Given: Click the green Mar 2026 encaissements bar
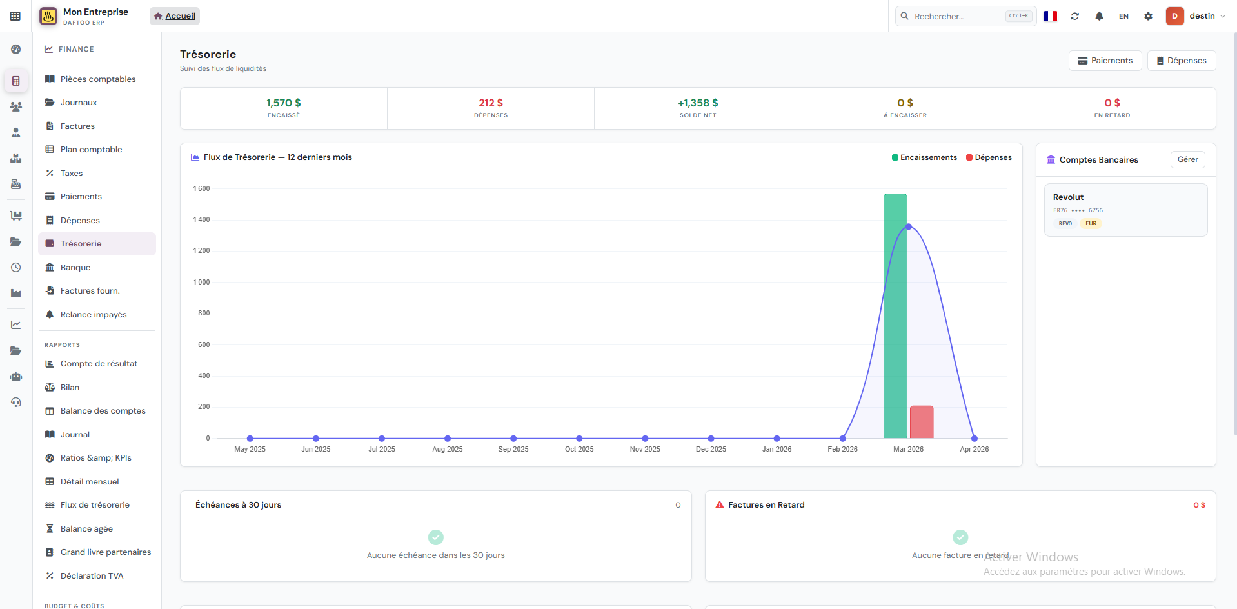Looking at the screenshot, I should pyautogui.click(x=895, y=316).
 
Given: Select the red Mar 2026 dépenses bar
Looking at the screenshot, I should pyautogui.click(x=922, y=422).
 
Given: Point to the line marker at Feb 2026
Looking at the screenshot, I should pyautogui.click(x=842, y=439).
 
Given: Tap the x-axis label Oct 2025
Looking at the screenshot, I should pyautogui.click(x=579, y=449).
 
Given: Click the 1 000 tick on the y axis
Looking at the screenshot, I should pyautogui.click(x=201, y=282).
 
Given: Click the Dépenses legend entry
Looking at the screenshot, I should pyautogui.click(x=989, y=157).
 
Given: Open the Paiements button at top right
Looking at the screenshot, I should pyautogui.click(x=1105, y=61).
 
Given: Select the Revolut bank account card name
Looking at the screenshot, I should pyautogui.click(x=1068, y=197).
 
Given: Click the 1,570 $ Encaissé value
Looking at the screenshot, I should pyautogui.click(x=283, y=103).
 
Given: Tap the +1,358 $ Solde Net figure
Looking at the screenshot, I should pyautogui.click(x=697, y=103).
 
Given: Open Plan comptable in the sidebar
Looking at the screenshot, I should pyautogui.click(x=91, y=150).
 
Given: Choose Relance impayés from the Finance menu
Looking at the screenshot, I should pyautogui.click(x=94, y=315).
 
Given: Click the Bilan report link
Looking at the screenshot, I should pyautogui.click(x=70, y=388).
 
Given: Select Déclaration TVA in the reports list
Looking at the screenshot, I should pyautogui.click(x=92, y=576).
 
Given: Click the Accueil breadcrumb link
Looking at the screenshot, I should pyautogui.click(x=180, y=16).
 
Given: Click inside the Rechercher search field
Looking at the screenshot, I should pyautogui.click(x=958, y=16).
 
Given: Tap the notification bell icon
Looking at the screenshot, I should pyautogui.click(x=1099, y=16).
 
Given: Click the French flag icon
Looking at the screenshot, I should pyautogui.click(x=1050, y=16).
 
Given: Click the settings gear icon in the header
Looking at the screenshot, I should pyautogui.click(x=1148, y=16).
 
